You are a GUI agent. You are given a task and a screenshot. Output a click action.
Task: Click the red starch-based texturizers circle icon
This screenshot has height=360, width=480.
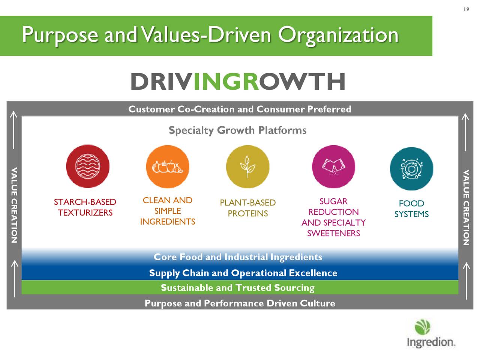88,166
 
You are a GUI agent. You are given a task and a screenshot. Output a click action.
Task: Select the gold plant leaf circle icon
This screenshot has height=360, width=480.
247,166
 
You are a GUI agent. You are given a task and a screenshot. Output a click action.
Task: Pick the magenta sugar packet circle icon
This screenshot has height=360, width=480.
333,166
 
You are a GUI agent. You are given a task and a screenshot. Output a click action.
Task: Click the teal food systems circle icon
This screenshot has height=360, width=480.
411,169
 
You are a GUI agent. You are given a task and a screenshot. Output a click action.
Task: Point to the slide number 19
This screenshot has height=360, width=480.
466,9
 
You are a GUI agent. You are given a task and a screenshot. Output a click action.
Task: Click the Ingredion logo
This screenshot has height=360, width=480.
430,334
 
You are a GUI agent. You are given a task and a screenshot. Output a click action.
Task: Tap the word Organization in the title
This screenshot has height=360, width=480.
338,35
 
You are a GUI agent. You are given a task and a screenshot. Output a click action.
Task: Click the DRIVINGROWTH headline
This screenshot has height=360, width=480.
238,82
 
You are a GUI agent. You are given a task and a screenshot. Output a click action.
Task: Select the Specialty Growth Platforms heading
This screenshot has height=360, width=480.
237,130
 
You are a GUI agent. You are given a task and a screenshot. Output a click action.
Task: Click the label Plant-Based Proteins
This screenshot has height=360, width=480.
247,208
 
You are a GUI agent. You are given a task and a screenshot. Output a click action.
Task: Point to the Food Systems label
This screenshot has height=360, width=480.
411,209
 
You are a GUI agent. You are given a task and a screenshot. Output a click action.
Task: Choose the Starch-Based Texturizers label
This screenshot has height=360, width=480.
85,207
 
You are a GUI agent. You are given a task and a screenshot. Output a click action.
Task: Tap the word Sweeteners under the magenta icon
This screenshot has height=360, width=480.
333,233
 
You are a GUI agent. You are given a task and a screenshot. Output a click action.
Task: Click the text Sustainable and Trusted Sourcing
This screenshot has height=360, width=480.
237,288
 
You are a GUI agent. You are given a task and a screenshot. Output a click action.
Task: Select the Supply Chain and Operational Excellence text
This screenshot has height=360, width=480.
243,273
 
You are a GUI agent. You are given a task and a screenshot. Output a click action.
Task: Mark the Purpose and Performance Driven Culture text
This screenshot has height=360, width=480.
240,303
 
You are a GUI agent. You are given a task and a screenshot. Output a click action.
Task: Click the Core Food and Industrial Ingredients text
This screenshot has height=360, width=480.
238,257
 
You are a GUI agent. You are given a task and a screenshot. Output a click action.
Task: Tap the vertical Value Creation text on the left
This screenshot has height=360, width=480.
14,206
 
